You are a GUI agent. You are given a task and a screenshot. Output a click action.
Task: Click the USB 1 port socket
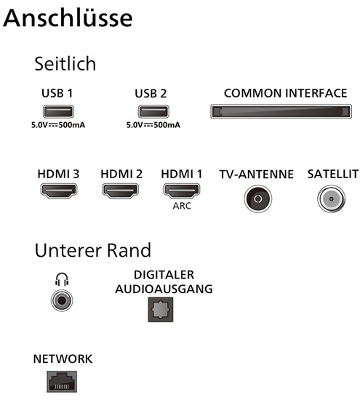coord(58,111)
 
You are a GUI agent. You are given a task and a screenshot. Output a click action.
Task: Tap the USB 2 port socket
coord(153,111)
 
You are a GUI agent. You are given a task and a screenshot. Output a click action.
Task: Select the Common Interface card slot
coord(281,111)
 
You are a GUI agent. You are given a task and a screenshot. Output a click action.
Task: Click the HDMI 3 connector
coord(59,191)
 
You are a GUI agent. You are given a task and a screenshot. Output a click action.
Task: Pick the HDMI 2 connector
coord(120,191)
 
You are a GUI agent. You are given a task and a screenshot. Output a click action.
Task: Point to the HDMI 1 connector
coord(181,191)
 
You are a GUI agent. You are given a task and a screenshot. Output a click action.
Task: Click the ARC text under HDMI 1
coord(182,206)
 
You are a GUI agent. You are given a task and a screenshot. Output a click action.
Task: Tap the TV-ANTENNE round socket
coord(257,199)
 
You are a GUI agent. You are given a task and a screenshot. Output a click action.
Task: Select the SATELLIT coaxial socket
coord(331,199)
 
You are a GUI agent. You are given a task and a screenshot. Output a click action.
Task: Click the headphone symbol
coord(62,279)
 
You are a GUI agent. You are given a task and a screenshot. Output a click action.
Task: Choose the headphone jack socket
coord(62,301)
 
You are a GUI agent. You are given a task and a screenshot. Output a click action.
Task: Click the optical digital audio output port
coord(161,309)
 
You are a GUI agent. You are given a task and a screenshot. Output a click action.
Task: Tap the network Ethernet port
coord(62,382)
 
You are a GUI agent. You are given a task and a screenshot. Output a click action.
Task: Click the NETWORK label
coord(63,359)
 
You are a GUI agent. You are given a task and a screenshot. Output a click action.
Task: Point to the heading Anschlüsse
coord(68,18)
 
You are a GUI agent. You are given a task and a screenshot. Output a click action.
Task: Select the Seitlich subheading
coord(65,63)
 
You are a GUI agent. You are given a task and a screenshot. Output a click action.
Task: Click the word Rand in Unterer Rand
coord(129,250)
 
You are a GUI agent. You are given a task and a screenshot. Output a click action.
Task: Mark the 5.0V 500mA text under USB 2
coord(153,125)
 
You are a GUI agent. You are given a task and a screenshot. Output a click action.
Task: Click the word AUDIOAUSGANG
coord(164,289)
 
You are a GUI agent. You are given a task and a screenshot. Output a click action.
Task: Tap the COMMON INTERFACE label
coord(286,93)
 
